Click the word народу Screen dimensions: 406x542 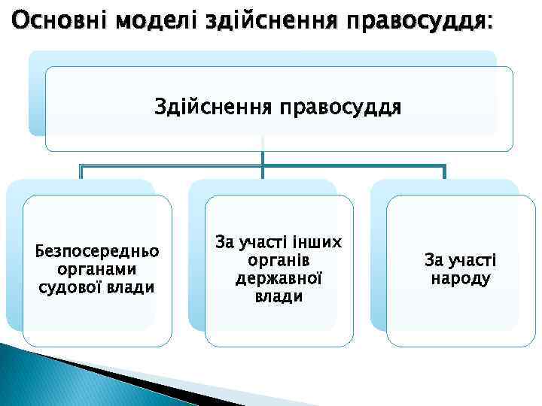coord(461,279)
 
